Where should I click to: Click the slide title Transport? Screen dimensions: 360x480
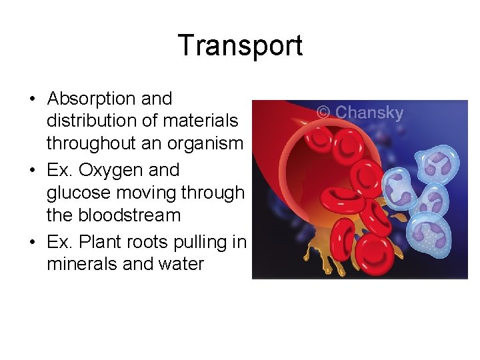240,45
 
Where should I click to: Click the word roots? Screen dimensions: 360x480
141,241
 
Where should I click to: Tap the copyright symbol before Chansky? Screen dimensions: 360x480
323,113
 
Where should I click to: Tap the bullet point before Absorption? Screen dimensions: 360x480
32,99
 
